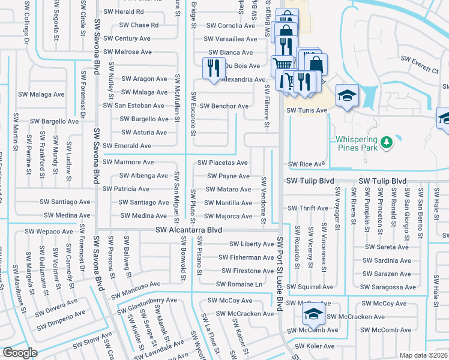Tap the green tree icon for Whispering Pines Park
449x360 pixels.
[388, 142]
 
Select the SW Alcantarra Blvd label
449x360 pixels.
[188, 230]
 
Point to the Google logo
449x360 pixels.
[20, 353]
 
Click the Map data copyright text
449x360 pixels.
[423, 355]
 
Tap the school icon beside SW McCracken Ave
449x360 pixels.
[313, 313]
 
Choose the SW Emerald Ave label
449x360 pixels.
[127, 146]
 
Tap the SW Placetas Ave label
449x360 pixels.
[223, 163]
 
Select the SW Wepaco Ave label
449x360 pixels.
[47, 231]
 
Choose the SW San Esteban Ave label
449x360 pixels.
[134, 106]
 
